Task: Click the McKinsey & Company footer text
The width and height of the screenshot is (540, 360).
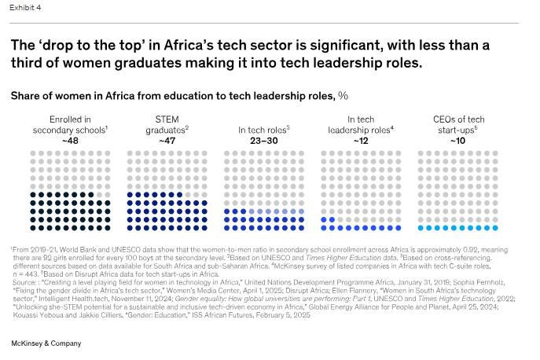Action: coord(47,343)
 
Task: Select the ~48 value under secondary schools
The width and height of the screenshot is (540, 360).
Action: coord(70,139)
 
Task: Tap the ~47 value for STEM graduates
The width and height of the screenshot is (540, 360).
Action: coord(167,139)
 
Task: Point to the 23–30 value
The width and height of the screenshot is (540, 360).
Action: coord(264,139)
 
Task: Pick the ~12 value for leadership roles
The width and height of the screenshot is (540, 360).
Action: coord(361,139)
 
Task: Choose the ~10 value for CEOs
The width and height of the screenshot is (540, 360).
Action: coord(457,139)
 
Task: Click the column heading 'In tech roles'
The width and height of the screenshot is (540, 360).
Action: coord(264,128)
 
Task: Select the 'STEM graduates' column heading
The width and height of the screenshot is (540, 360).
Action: coord(167,123)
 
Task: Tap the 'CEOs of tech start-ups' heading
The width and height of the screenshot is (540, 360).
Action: coord(457,123)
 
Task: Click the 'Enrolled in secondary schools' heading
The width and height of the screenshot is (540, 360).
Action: coord(70,123)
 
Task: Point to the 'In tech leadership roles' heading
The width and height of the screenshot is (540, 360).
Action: coord(361,123)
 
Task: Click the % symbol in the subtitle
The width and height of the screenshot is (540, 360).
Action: coord(343,96)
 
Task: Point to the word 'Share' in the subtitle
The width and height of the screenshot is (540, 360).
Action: coord(27,96)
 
